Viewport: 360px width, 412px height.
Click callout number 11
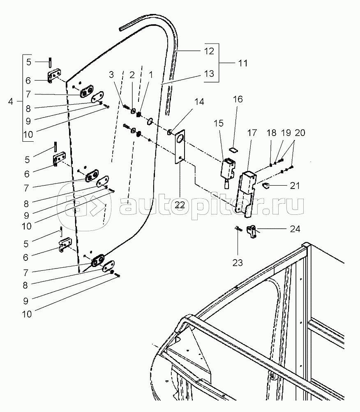(x=243, y=63)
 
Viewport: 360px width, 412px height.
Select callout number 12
(x=209, y=51)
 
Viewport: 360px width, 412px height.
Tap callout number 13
(x=209, y=74)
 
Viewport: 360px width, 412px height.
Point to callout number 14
(x=199, y=102)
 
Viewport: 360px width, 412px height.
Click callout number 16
(x=238, y=99)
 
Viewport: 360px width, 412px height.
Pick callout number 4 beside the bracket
(x=11, y=101)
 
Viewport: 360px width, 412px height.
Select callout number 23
(x=238, y=262)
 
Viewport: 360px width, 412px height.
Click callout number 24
(x=295, y=229)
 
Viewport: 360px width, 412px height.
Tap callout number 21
(x=295, y=186)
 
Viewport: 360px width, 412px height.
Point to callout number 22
(x=180, y=205)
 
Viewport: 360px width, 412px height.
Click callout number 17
(x=252, y=133)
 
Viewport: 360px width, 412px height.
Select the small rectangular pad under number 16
(x=233, y=150)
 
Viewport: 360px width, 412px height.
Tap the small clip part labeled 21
(x=266, y=186)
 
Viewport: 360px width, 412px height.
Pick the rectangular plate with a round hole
(x=180, y=147)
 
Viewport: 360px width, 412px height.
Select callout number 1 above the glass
(x=151, y=75)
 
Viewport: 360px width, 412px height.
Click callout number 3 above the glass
(x=111, y=75)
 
